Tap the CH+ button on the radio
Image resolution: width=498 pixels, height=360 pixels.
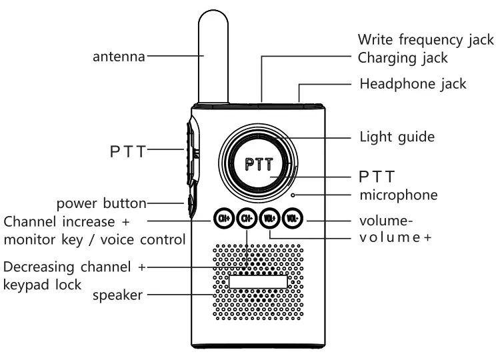click(x=222, y=217)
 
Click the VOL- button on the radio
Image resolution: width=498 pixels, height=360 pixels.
click(x=292, y=217)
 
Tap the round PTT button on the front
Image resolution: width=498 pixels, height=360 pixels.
click(x=257, y=163)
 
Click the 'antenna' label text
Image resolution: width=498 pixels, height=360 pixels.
click(x=118, y=57)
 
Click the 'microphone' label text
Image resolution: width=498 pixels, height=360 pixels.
click(x=399, y=195)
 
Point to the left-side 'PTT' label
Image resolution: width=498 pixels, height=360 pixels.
click(x=127, y=150)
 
